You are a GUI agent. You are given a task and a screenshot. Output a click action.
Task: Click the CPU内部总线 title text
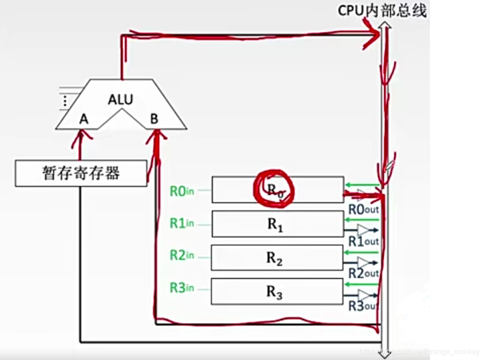coord(382,11)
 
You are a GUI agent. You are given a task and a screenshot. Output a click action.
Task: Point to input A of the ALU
coord(83,119)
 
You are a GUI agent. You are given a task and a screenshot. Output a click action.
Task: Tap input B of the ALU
coord(154,119)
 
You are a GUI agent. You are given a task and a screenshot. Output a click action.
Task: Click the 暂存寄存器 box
coord(81,173)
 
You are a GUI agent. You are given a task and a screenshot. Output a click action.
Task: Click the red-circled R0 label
coord(274,189)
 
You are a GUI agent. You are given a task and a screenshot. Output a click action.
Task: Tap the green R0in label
coord(182,191)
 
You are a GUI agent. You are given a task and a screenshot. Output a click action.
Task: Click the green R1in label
coord(182,224)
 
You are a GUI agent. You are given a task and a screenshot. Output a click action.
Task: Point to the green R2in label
coord(182,256)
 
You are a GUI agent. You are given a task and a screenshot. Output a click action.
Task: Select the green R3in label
coord(182,289)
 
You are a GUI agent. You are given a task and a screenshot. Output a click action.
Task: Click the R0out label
coord(363,209)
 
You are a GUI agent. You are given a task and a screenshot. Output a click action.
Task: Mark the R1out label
coord(363,241)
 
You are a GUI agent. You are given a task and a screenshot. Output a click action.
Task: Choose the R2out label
coord(363,274)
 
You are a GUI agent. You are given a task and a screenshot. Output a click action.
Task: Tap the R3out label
coord(363,305)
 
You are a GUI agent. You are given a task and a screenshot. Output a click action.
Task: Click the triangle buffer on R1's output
coord(365,230)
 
